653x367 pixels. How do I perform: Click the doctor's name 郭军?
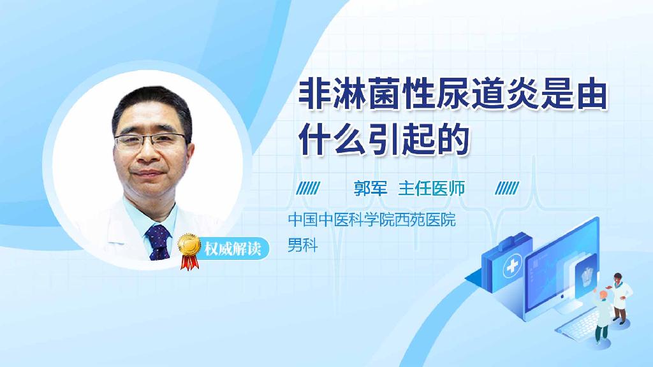point(371,189)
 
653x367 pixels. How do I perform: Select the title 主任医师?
point(431,189)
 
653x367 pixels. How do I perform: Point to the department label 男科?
point(302,244)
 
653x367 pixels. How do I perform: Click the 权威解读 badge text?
point(232,248)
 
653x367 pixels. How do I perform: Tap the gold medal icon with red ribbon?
point(189,248)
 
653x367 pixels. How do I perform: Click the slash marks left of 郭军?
point(309,189)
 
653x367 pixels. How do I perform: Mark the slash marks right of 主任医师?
point(507,189)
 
